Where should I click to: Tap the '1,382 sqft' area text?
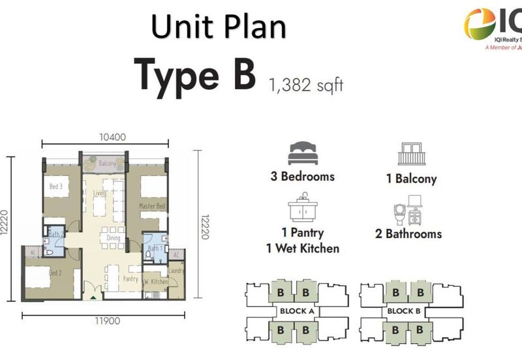pyautogui.click(x=305, y=84)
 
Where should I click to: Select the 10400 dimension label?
pyautogui.click(x=104, y=137)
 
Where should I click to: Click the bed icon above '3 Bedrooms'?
pyautogui.click(x=302, y=154)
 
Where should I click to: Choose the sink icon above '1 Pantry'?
pyautogui.click(x=303, y=208)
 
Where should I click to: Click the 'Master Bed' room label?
pyautogui.click(x=152, y=206)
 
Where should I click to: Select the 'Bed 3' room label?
pyautogui.click(x=56, y=187)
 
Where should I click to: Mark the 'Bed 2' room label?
pyautogui.click(x=55, y=273)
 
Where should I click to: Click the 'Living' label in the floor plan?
pyautogui.click(x=99, y=193)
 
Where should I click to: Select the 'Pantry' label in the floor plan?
pyautogui.click(x=129, y=278)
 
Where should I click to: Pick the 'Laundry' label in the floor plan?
pyautogui.click(x=176, y=271)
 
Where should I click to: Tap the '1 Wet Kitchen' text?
pyautogui.click(x=302, y=248)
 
